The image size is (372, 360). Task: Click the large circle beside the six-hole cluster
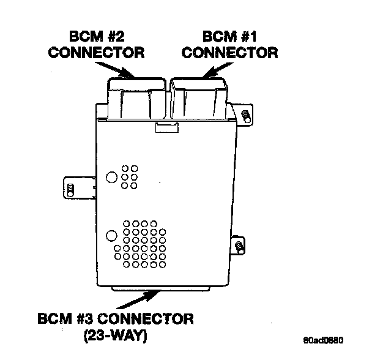(111, 178)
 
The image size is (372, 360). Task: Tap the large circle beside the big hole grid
(111, 235)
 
